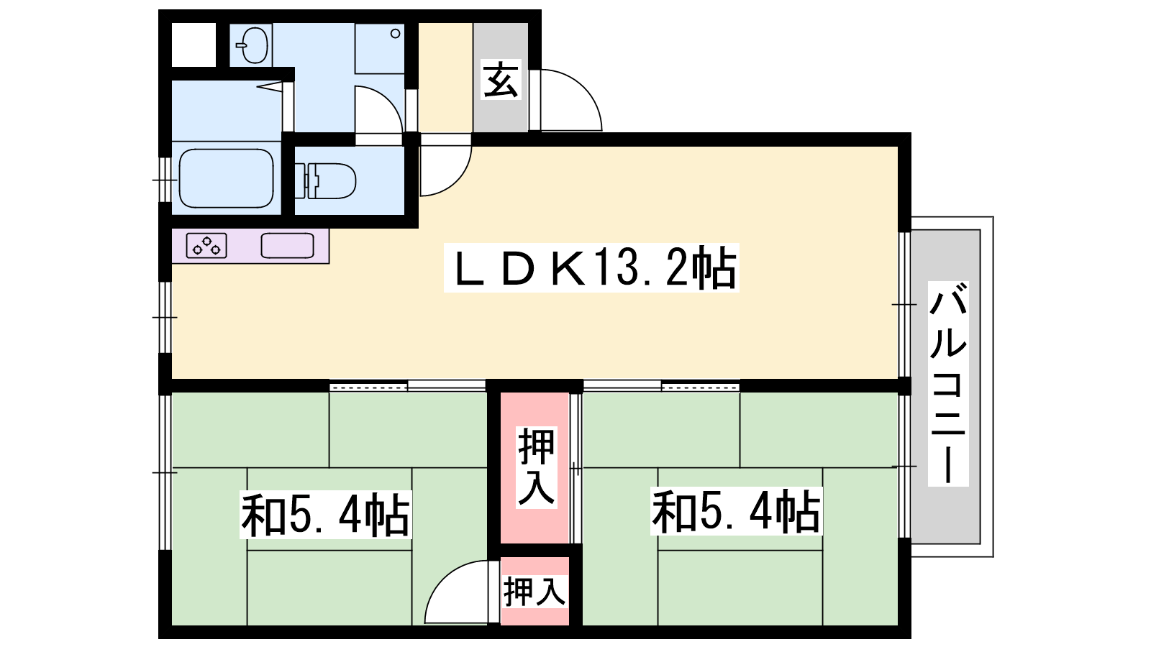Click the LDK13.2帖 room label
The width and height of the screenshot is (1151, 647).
(591, 267)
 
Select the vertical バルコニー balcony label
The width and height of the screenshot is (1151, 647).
(948, 384)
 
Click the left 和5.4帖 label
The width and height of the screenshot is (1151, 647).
(326, 514)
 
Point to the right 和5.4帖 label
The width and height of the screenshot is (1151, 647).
(737, 511)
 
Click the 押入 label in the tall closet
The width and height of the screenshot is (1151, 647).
(537, 467)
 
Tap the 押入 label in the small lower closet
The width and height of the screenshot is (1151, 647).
(535, 592)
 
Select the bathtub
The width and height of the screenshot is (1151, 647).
(226, 178)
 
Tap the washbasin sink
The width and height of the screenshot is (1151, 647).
(253, 45)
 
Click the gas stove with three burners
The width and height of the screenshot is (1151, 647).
(206, 245)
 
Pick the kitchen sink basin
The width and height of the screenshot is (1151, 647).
(287, 245)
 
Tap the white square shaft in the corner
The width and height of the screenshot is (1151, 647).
(194, 45)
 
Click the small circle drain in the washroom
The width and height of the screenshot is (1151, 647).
(395, 33)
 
